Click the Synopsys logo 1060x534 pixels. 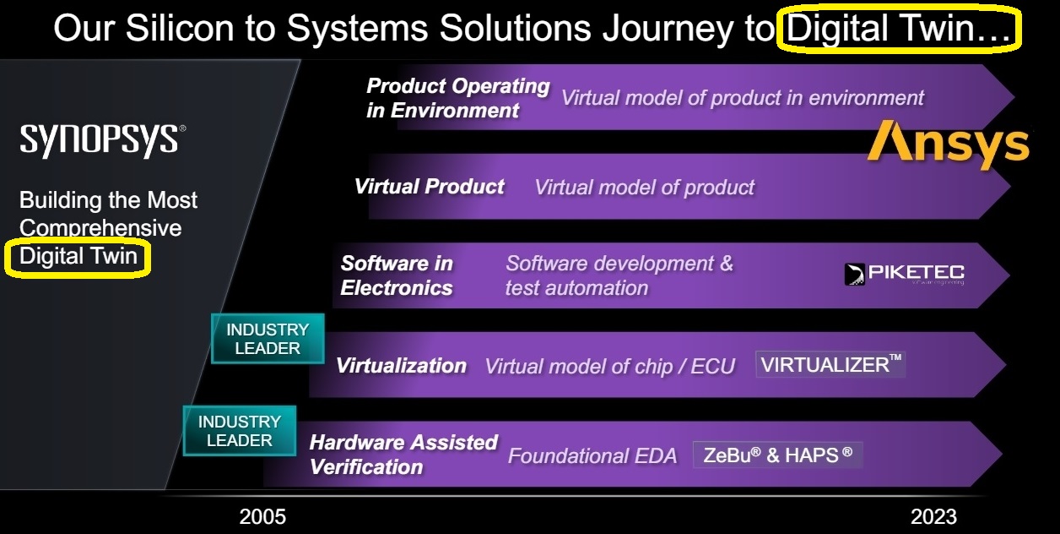click(x=103, y=140)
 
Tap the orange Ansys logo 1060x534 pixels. click(x=949, y=144)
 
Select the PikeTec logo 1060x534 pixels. click(x=905, y=274)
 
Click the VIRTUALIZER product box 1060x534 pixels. click(x=830, y=364)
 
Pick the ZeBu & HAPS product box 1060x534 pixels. click(x=778, y=455)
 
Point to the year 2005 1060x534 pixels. click(x=262, y=516)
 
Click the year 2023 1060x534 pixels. click(x=933, y=516)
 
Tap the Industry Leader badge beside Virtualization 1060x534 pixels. click(x=268, y=339)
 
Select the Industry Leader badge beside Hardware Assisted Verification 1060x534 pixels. click(x=240, y=431)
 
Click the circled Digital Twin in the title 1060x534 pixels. click(x=899, y=29)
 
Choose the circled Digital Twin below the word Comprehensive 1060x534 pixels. click(x=78, y=258)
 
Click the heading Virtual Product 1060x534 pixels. click(x=430, y=186)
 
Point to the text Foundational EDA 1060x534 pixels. click(x=592, y=455)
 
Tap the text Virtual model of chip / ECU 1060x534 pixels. click(x=610, y=366)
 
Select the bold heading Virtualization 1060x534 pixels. click(x=401, y=366)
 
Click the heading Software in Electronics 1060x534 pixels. click(x=397, y=275)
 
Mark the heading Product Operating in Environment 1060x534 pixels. click(x=458, y=98)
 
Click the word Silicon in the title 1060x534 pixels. click(x=180, y=28)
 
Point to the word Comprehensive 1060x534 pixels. click(x=100, y=228)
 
